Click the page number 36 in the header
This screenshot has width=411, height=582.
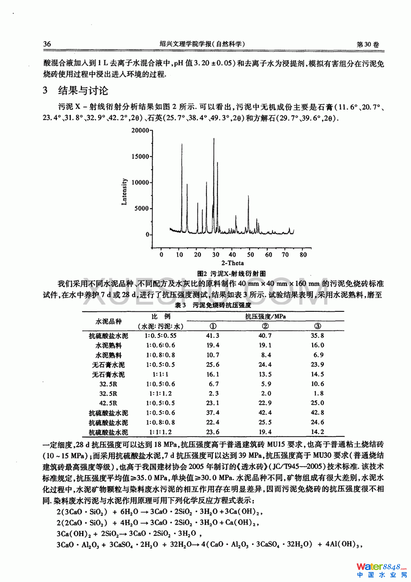click(47, 44)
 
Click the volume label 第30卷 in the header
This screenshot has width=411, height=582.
click(368, 44)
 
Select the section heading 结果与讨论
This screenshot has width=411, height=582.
click(83, 91)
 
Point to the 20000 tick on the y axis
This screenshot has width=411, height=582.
click(140, 130)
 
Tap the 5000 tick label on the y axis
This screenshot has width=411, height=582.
click(142, 208)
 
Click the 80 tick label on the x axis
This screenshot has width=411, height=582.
click(303, 255)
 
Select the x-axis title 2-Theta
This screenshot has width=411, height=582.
click(233, 263)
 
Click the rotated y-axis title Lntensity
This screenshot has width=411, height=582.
click(124, 192)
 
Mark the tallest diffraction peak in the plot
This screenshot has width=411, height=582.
click(214, 139)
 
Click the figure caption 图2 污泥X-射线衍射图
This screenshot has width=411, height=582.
click(231, 274)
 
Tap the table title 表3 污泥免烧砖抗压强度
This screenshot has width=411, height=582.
click(213, 305)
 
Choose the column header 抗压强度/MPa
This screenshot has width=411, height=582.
click(265, 316)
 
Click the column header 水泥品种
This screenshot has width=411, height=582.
click(108, 321)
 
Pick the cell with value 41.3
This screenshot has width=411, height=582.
click(213, 336)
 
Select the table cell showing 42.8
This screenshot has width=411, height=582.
click(317, 413)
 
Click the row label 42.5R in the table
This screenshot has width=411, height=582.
click(108, 403)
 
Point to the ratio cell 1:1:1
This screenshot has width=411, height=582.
click(160, 374)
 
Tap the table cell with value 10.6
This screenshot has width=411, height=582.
click(317, 384)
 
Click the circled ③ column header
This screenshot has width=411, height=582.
click(317, 326)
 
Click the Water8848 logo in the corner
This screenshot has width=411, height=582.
click(380, 570)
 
